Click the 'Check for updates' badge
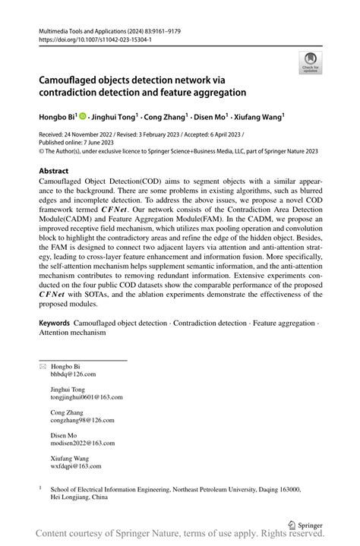click(310, 63)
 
